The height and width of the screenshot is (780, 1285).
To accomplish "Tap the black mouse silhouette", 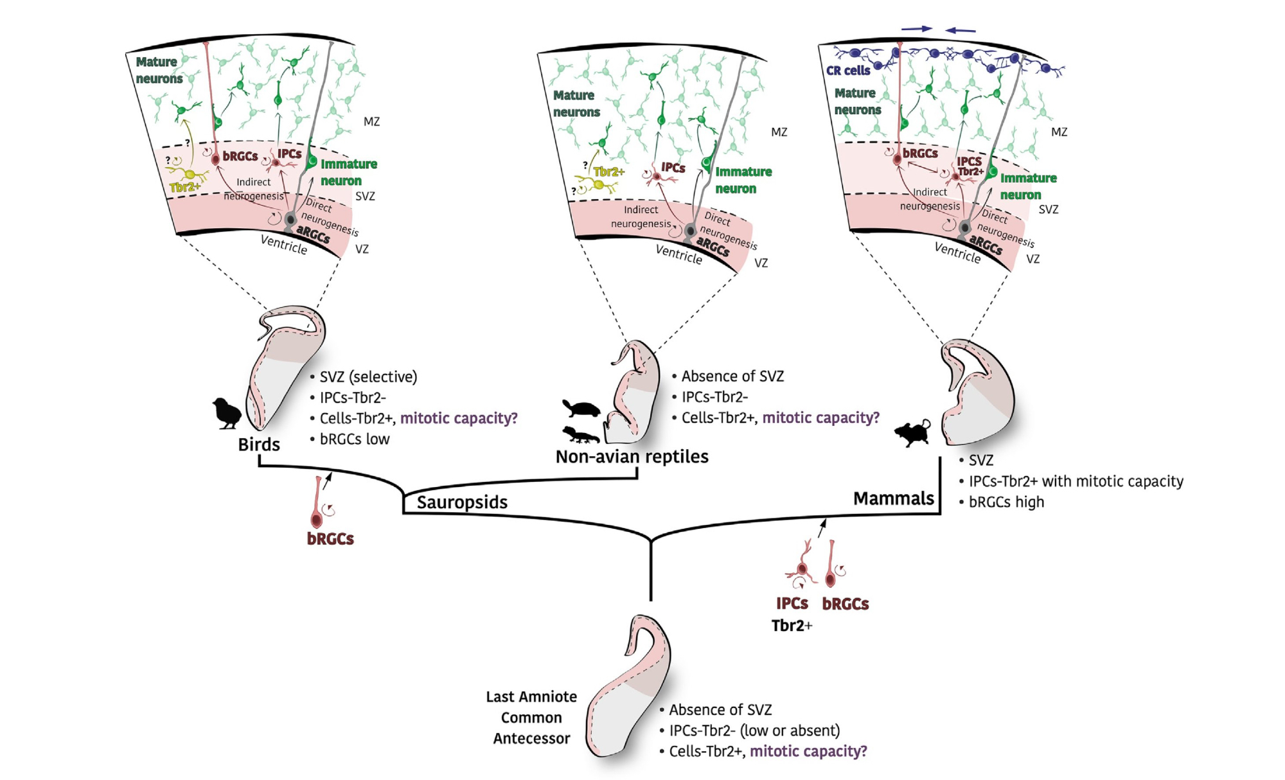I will click(913, 434).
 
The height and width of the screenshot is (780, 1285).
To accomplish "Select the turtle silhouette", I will click(581, 409).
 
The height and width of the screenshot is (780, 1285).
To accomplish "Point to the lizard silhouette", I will click(580, 435).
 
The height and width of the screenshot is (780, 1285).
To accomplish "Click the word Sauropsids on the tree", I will click(462, 502).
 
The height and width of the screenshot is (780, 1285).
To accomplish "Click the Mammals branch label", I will click(893, 499).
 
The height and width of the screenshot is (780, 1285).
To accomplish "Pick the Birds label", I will click(259, 445).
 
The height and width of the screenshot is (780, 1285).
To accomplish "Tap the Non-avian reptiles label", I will click(632, 457).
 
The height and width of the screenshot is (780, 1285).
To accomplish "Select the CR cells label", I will click(848, 71).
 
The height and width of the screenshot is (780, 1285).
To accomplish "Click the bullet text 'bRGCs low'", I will click(355, 439).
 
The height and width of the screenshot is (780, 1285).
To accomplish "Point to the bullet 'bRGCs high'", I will click(1006, 502).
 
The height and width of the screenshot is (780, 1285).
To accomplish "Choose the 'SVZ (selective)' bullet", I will click(368, 377).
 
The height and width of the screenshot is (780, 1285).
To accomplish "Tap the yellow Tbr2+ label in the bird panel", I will click(185, 188).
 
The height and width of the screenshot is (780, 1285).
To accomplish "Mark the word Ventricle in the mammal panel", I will click(957, 253).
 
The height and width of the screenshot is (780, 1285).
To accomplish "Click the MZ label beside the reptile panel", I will click(779, 132).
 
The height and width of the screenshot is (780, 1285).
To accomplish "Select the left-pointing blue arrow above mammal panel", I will click(961, 30).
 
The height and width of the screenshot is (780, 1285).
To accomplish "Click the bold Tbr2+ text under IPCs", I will click(792, 626).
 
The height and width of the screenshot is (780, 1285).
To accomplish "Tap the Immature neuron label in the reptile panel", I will click(743, 181).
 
